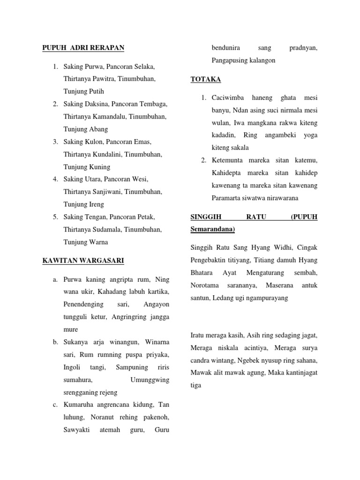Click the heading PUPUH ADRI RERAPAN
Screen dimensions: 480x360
pyautogui.click(x=83, y=48)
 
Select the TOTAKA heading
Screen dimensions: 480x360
pyautogui.click(x=206, y=79)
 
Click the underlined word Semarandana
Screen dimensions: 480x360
pyautogui.click(x=213, y=229)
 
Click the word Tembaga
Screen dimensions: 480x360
pyautogui.click(x=155, y=104)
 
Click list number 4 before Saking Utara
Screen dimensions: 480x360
pyautogui.click(x=55, y=179)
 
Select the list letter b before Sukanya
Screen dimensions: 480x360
pyautogui.click(x=55, y=342)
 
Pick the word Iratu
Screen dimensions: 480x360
pyautogui.click(x=199, y=335)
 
